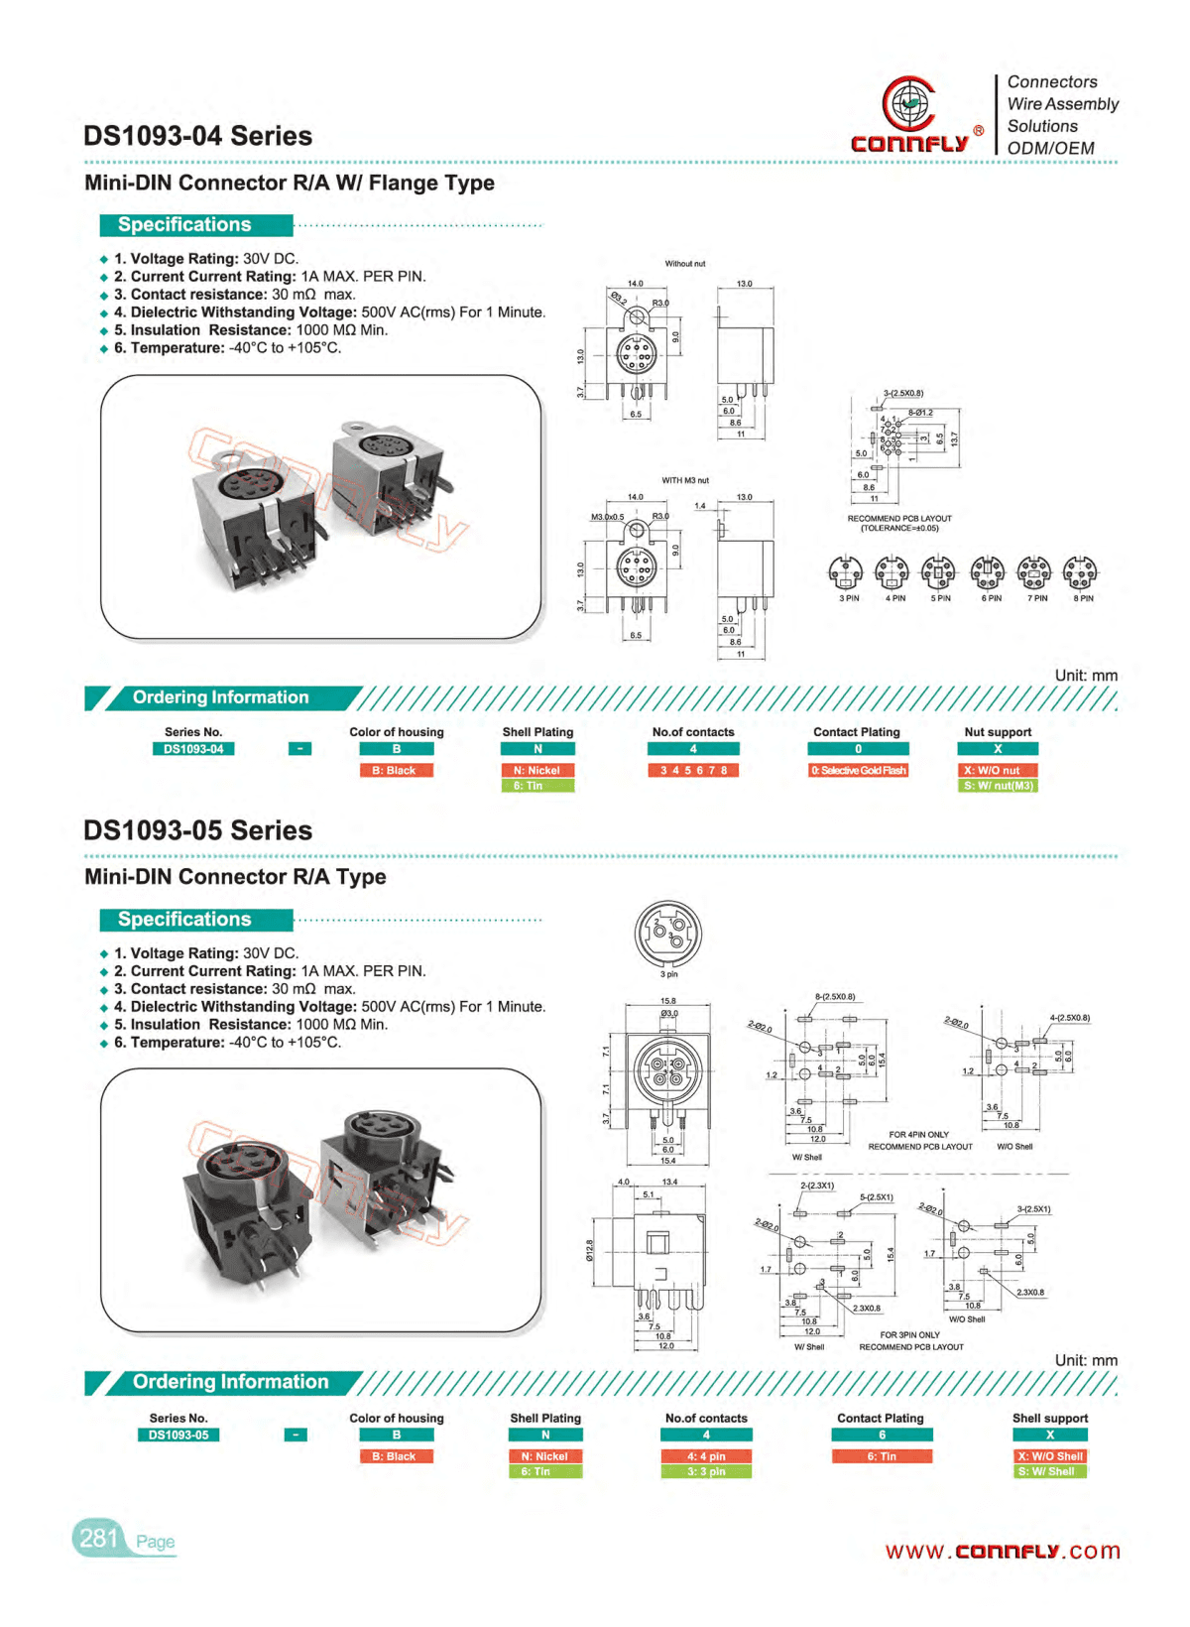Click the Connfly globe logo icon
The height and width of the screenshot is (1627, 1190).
tap(907, 103)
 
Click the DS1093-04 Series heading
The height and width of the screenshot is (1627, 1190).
tap(197, 136)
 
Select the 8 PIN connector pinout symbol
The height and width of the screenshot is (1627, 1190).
tap(1080, 572)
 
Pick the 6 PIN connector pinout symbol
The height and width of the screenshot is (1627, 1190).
tap(988, 572)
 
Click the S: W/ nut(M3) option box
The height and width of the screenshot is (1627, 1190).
tap(998, 786)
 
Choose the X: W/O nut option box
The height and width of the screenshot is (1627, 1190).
tap(998, 770)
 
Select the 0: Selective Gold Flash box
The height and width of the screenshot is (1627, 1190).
tap(859, 770)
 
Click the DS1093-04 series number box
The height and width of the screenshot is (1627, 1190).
tap(193, 749)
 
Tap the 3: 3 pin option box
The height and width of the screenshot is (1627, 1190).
tap(706, 1471)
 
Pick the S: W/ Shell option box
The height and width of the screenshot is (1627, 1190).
tap(1050, 1471)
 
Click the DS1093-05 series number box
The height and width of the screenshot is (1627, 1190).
tap(178, 1435)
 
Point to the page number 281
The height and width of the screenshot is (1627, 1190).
tap(98, 1538)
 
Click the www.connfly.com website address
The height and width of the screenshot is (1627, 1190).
tap(1003, 1551)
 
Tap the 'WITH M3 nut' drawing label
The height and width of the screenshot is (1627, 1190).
tap(685, 480)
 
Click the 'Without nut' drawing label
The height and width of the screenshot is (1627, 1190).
tap(685, 264)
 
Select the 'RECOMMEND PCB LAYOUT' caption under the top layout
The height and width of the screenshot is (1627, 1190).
tap(899, 519)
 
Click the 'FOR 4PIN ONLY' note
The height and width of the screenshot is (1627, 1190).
tap(918, 1134)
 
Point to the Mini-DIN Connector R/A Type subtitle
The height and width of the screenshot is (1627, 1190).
tap(235, 877)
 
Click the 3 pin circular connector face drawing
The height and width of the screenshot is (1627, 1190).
tap(668, 933)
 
